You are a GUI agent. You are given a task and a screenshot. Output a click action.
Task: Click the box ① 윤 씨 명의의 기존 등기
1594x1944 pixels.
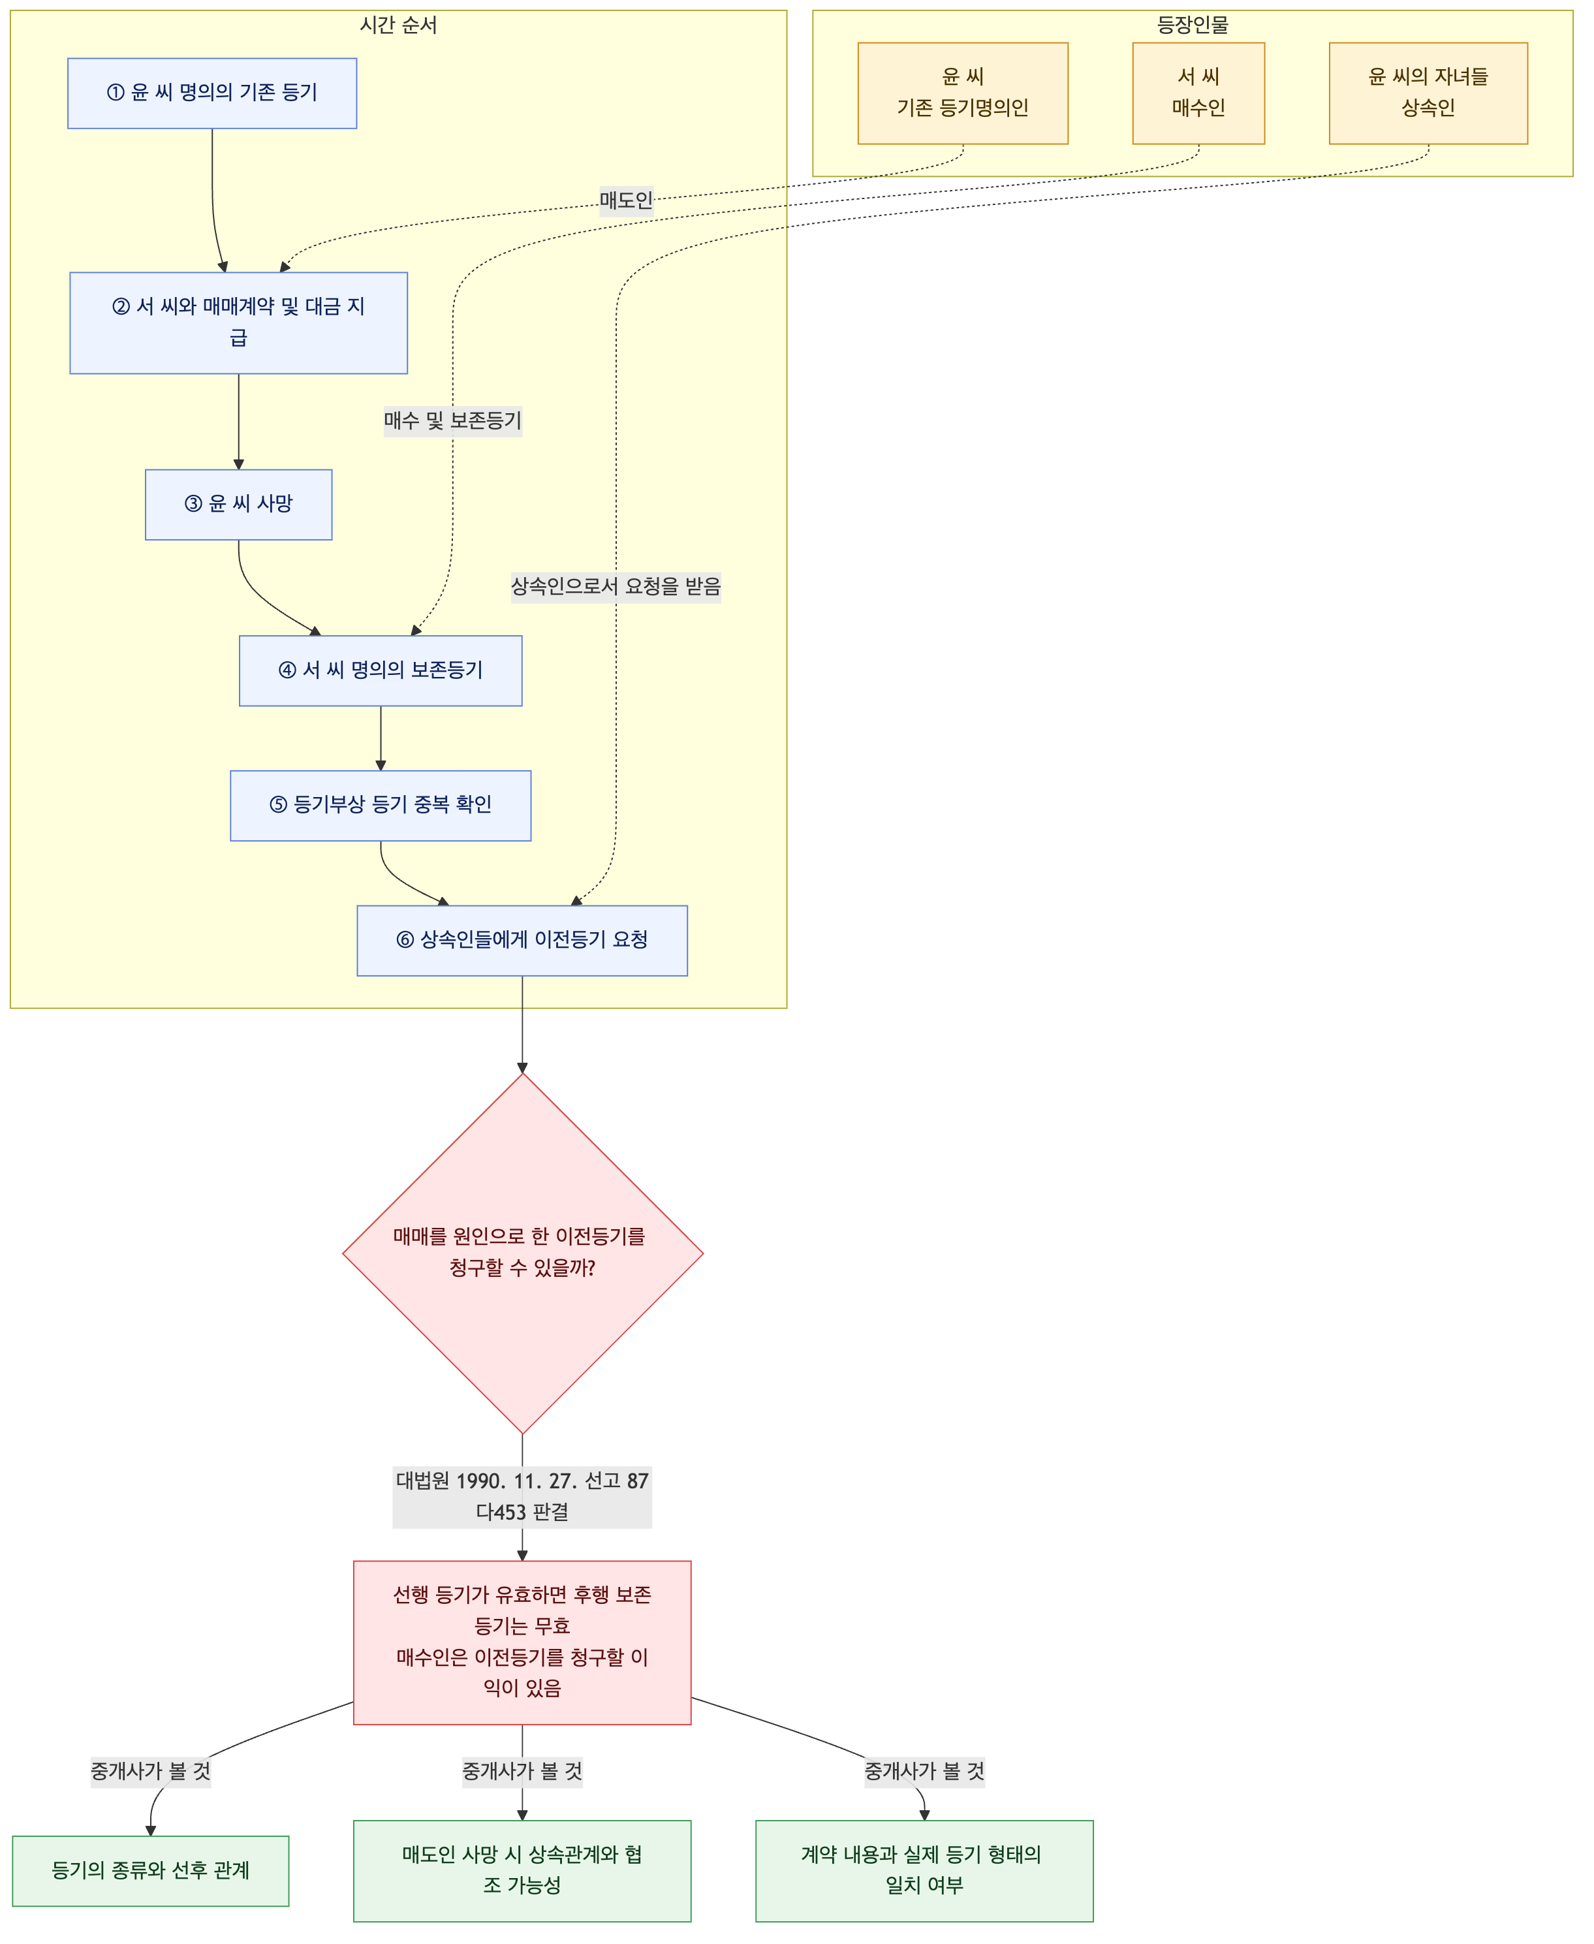(x=212, y=93)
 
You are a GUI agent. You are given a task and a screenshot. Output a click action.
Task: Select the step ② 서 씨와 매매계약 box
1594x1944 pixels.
(x=239, y=322)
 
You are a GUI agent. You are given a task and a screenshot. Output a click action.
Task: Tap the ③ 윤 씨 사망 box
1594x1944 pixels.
(x=239, y=504)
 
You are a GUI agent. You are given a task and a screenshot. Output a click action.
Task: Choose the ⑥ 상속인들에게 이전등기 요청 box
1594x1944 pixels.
(x=522, y=940)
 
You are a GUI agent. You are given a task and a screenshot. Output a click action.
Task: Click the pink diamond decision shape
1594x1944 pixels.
(x=522, y=1253)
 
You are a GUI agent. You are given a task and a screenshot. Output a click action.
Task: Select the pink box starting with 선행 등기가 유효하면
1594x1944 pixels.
(x=522, y=1643)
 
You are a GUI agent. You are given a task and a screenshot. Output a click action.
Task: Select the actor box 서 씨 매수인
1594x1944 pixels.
(x=1199, y=93)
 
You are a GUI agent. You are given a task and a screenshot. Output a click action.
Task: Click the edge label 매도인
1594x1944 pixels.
(x=626, y=200)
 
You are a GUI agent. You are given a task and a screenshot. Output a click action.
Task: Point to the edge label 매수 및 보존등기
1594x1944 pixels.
(x=452, y=422)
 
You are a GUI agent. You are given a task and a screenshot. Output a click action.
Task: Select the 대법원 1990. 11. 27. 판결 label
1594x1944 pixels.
(x=522, y=1497)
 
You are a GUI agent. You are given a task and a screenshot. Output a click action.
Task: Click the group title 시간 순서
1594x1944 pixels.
(x=398, y=25)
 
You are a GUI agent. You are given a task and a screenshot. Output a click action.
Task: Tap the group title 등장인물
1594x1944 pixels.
(x=1193, y=25)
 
